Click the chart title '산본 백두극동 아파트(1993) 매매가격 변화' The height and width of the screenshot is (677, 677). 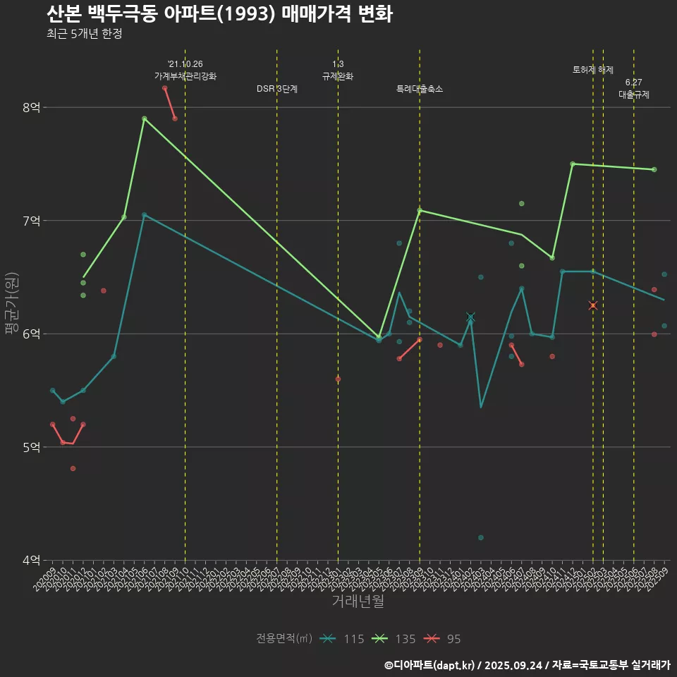[219, 13]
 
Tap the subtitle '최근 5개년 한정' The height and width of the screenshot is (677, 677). [85, 34]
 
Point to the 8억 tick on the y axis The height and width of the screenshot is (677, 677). [32, 107]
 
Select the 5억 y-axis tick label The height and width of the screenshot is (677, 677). [32, 447]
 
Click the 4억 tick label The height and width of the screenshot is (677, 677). [32, 561]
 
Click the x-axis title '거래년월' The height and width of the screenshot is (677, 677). [358, 602]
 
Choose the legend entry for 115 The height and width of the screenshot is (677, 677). [342, 639]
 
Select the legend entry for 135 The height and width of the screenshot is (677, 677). [394, 639]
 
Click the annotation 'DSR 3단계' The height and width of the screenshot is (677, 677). [277, 90]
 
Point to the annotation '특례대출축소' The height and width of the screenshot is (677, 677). [420, 90]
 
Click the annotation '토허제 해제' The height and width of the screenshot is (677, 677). [593, 70]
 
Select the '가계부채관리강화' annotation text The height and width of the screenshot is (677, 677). [185, 76]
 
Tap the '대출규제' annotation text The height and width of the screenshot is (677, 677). [634, 94]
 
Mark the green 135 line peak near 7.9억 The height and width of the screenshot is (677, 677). [144, 118]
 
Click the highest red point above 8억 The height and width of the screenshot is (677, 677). [164, 88]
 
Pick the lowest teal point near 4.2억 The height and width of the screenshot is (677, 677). [481, 537]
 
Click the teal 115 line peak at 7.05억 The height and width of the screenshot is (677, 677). [144, 215]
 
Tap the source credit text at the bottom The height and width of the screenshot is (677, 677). [527, 665]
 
